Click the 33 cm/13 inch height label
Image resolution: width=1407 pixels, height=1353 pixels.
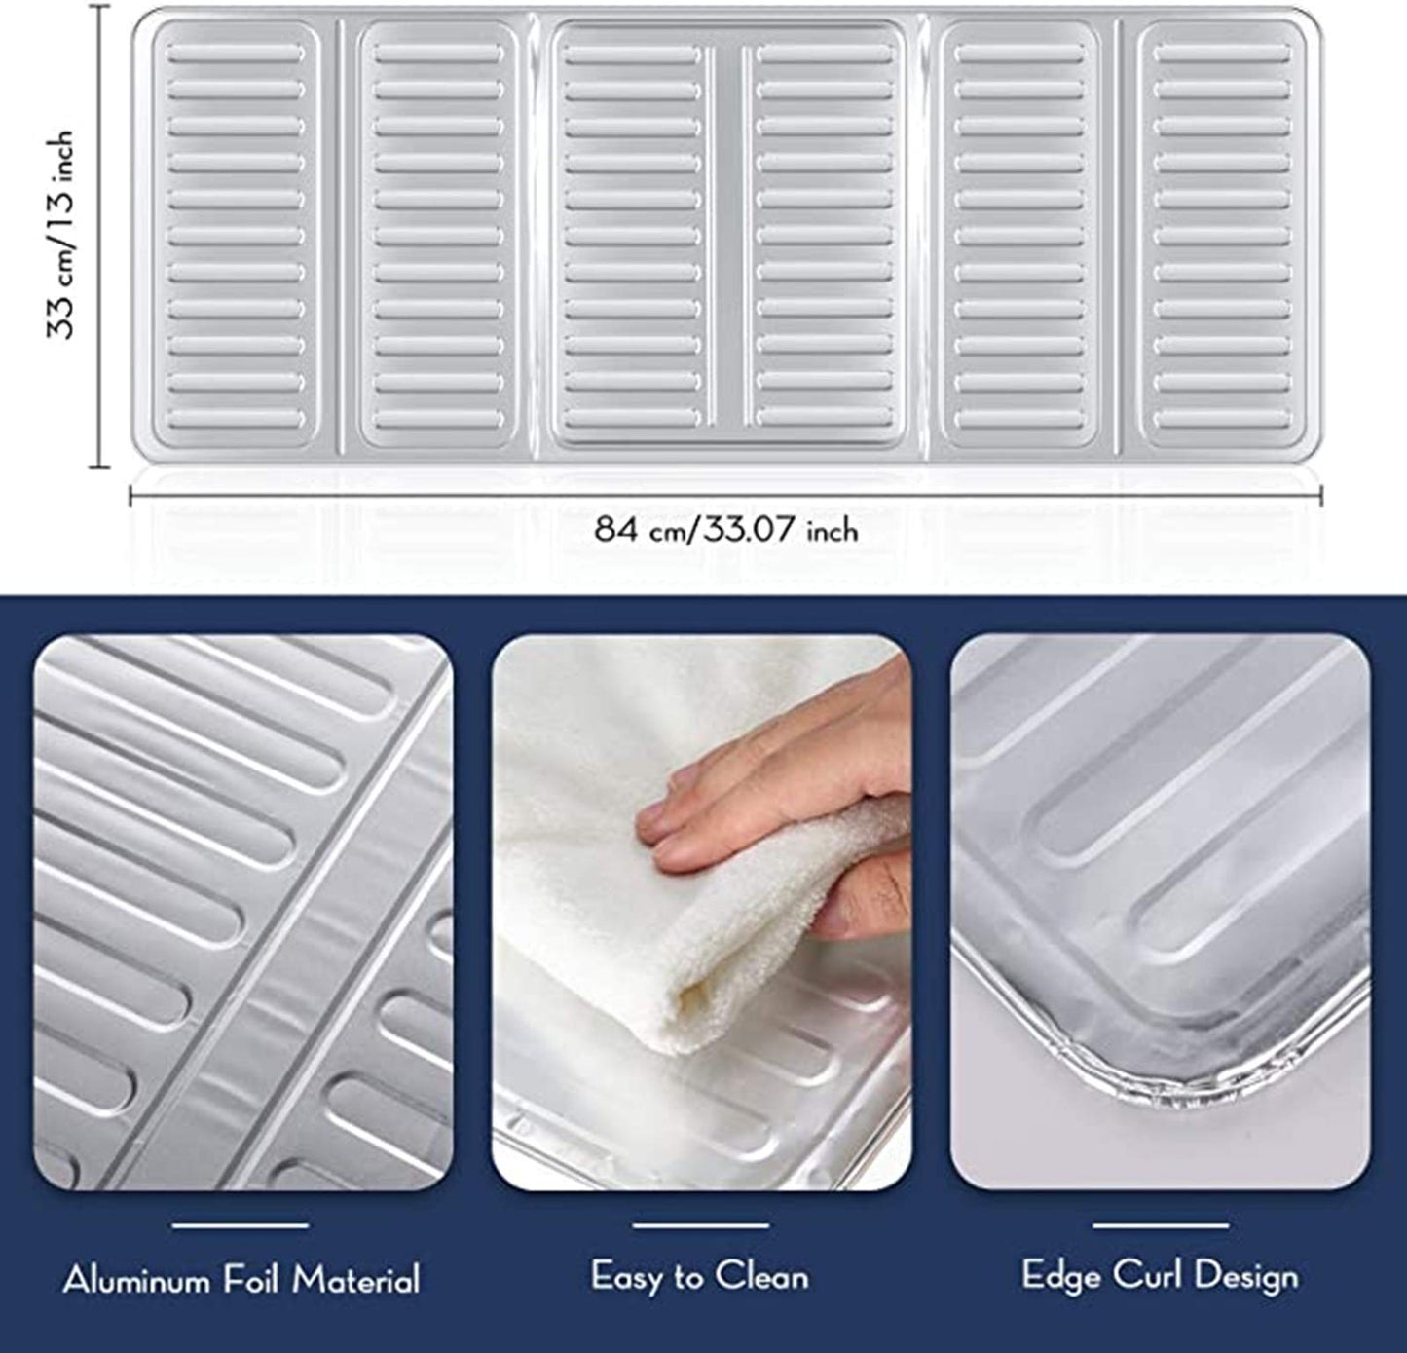point(60,235)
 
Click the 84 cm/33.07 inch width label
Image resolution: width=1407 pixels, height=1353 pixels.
point(726,530)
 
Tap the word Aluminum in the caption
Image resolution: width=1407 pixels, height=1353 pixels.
point(136,1280)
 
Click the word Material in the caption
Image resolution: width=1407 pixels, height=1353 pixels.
point(355,1280)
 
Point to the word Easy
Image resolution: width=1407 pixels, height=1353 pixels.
point(626,1276)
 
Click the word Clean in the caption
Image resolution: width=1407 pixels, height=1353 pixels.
point(762,1275)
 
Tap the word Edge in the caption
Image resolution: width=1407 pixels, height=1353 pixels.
point(1060,1276)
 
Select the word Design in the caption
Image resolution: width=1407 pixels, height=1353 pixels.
point(1246,1276)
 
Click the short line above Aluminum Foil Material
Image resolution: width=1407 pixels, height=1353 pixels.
point(241,1225)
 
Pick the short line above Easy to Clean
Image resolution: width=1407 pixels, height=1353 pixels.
point(701,1225)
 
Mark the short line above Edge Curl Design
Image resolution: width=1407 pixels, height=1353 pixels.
point(1161,1225)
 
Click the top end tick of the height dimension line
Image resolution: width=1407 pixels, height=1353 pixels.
point(100,6)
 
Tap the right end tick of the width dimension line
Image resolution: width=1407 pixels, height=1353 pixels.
point(1321,496)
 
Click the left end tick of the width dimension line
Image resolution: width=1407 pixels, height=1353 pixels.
point(130,496)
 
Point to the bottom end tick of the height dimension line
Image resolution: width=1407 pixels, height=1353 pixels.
point(100,467)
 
